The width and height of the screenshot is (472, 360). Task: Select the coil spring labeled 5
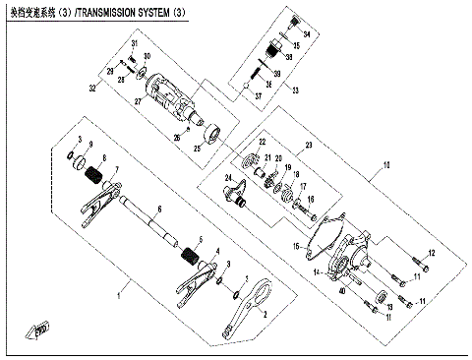(x=193, y=259)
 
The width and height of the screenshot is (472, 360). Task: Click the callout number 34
(x=306, y=34)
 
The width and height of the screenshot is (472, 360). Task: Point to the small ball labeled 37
(x=245, y=87)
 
